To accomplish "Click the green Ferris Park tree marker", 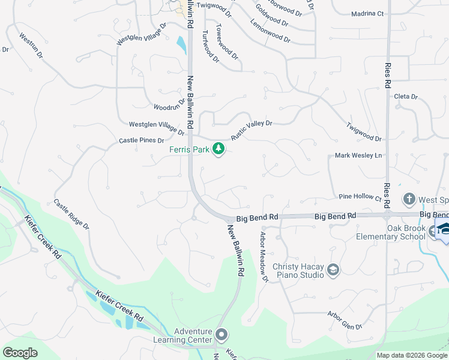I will [219, 148].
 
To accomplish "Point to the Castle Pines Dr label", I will [141, 140].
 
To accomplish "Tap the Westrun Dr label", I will [31, 45].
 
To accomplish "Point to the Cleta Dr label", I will [405, 96].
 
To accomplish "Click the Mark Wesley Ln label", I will [358, 155].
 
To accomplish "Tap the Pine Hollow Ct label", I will [360, 196].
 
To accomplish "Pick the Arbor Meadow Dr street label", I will [263, 257].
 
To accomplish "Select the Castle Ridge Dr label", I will [71, 215].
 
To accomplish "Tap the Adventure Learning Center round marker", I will [222, 335].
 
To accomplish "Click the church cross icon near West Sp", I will [409, 199].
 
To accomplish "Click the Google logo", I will [20, 353].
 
